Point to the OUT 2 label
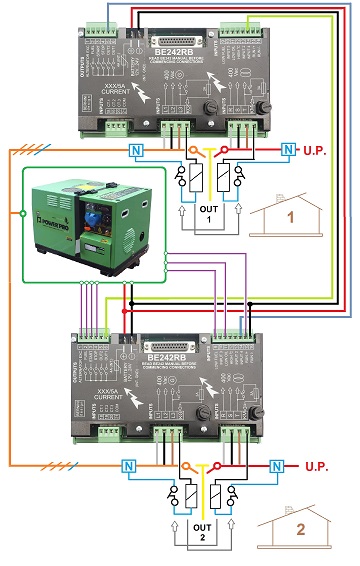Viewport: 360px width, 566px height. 203,530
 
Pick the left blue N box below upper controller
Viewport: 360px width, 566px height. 135,150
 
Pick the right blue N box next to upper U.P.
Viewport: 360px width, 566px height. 289,151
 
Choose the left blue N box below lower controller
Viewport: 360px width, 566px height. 127,466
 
